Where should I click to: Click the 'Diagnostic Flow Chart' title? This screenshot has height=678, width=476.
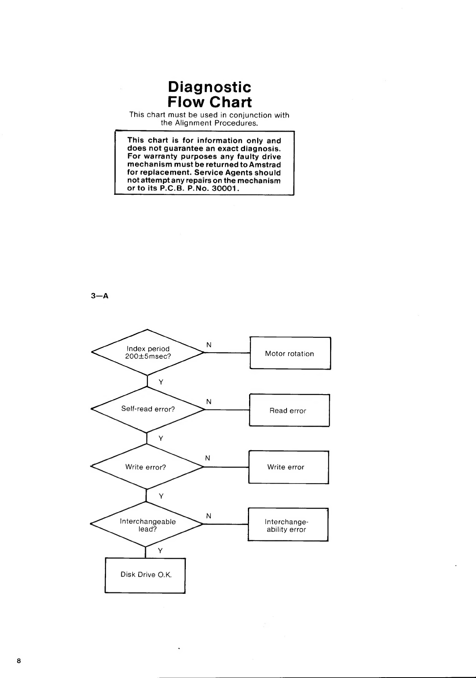(x=210, y=94)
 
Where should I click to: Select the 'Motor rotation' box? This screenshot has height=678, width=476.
(x=290, y=353)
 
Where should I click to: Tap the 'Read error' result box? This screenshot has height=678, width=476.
(x=289, y=411)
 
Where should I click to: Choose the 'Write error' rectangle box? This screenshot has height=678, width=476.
(x=288, y=467)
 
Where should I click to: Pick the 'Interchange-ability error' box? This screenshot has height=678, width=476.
(x=288, y=525)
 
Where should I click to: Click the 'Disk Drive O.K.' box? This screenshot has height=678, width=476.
(x=146, y=575)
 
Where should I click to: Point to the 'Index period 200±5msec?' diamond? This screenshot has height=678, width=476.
(x=148, y=353)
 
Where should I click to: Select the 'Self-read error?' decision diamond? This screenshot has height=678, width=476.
(x=148, y=409)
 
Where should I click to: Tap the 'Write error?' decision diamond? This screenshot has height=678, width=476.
(x=146, y=467)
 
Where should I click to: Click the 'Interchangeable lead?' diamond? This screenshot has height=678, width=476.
(x=147, y=525)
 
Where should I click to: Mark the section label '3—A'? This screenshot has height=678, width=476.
(x=100, y=296)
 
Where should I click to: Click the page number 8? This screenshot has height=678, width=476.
(x=19, y=661)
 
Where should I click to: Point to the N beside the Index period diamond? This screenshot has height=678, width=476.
(x=209, y=345)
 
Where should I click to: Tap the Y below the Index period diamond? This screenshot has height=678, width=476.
(x=161, y=382)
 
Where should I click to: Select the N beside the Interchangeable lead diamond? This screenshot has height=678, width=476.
(x=208, y=516)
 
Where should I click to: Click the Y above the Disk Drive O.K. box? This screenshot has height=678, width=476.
(x=160, y=550)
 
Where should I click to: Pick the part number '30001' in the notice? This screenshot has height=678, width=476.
(x=224, y=188)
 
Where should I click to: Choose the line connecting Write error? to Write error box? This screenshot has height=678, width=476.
(x=226, y=467)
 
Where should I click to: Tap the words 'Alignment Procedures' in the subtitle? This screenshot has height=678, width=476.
(x=216, y=123)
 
